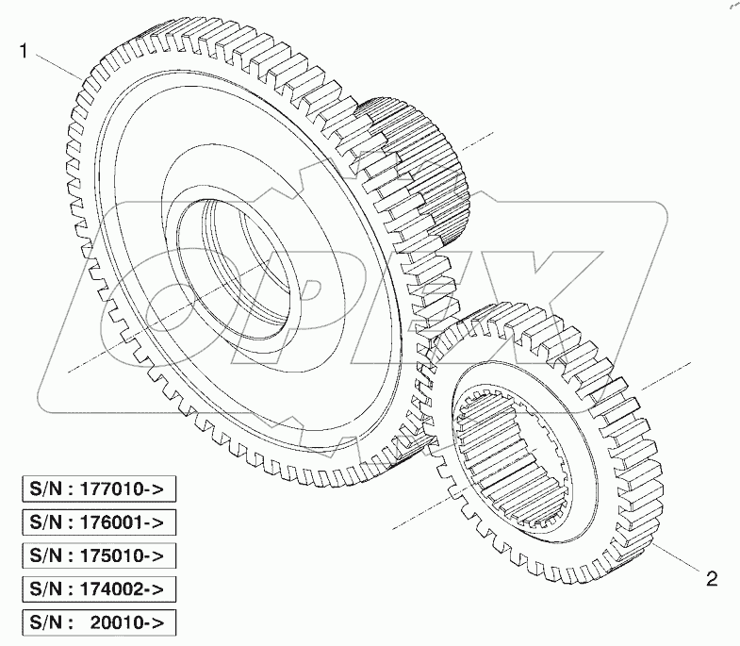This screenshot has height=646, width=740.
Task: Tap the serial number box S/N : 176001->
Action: [x=99, y=522]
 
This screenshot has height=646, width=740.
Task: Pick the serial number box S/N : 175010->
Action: [x=99, y=555]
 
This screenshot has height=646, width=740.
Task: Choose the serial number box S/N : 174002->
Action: [x=99, y=589]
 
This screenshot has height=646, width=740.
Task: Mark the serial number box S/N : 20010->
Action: [x=99, y=623]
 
